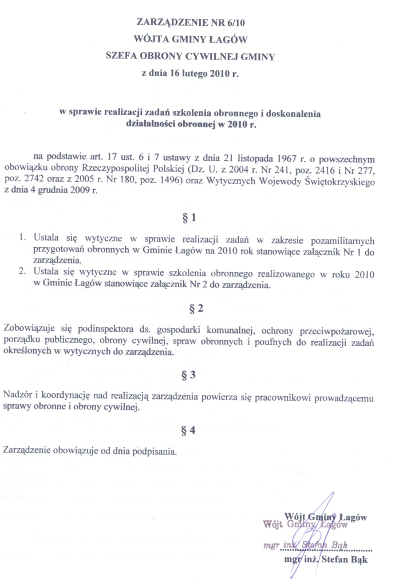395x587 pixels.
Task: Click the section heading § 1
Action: pos(196,218)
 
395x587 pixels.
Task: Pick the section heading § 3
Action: pos(196,374)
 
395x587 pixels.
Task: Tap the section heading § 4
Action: pos(196,431)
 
